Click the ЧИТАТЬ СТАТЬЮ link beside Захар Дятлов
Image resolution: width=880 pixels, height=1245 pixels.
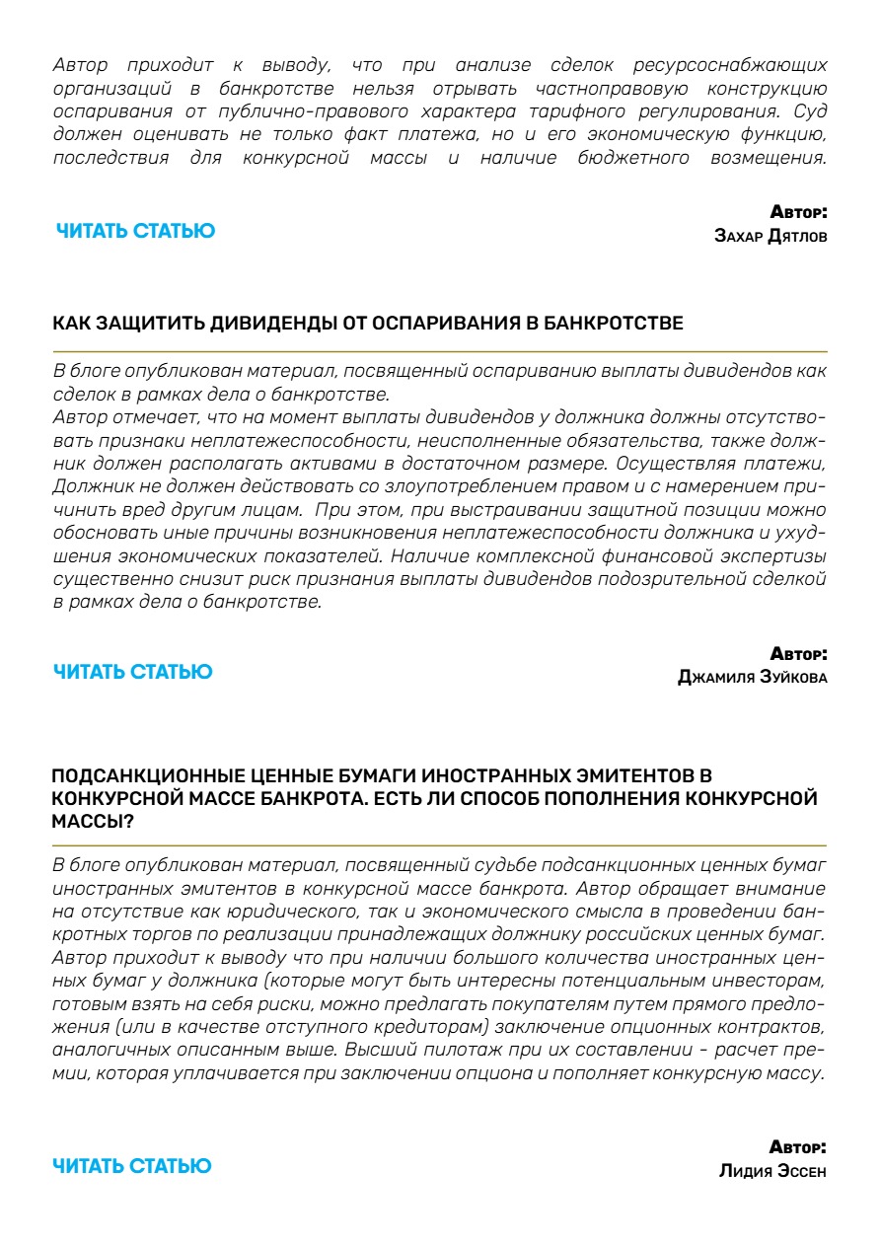tap(135, 231)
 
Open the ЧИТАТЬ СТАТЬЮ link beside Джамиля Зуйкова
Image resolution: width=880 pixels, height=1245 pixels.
tap(132, 672)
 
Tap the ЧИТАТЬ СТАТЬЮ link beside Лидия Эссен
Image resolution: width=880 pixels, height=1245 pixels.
tap(131, 1166)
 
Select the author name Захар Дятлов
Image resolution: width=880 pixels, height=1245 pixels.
tap(770, 237)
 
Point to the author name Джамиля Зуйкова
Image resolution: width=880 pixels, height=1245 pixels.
tap(753, 678)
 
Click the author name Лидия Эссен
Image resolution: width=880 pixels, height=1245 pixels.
tap(772, 1172)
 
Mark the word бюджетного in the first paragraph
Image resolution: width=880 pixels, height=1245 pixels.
tap(633, 158)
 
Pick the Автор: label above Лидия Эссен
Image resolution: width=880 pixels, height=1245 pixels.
tap(798, 1147)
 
